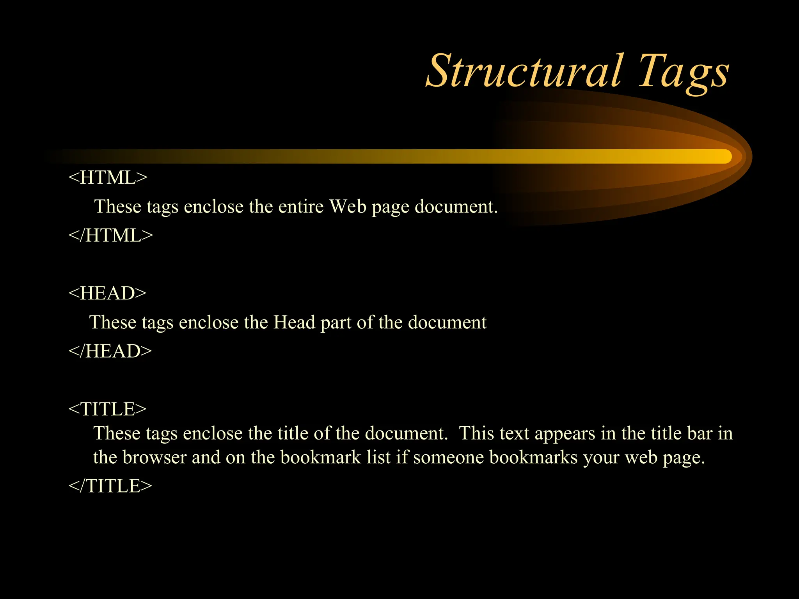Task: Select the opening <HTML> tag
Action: [x=108, y=177]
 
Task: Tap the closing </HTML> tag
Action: [x=111, y=235]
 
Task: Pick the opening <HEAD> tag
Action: [x=107, y=293]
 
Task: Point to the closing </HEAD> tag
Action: [x=110, y=351]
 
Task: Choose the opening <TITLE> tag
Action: [x=107, y=409]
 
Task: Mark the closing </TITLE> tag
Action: [x=110, y=486]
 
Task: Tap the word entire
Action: [x=300, y=206]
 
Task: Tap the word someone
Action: [x=448, y=457]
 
